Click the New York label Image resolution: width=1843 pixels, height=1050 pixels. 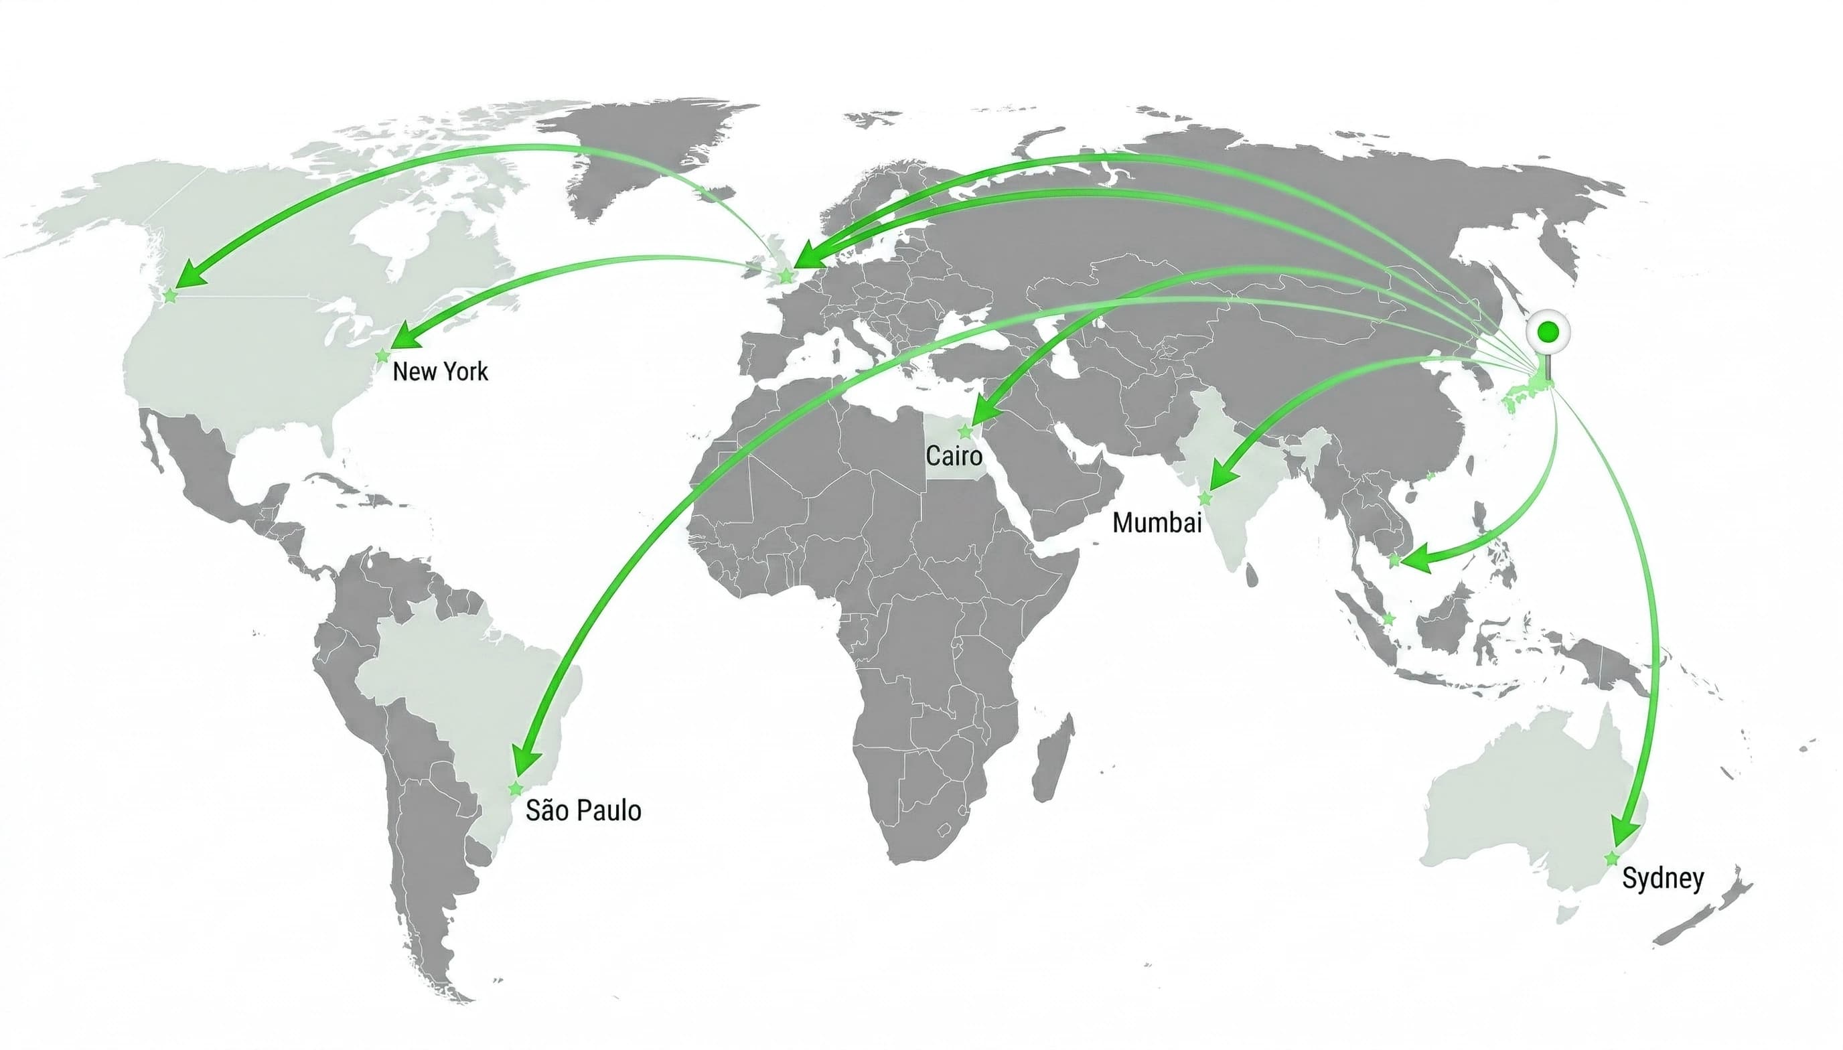coord(440,372)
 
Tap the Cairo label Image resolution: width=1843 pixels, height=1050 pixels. coord(953,456)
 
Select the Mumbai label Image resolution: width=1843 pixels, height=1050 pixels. coord(1157,522)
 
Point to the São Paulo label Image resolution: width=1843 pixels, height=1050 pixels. coord(583,810)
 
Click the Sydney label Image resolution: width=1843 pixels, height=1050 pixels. coord(1663,879)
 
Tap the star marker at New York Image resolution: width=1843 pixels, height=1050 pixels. coord(383,356)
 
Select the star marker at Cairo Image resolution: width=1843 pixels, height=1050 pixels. coord(965,432)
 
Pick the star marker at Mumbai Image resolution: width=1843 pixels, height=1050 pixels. coord(1205,498)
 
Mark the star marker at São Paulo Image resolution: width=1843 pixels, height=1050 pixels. coord(516,789)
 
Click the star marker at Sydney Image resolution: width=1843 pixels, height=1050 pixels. coord(1611,858)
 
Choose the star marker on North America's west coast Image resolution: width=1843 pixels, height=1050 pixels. coord(170,295)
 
